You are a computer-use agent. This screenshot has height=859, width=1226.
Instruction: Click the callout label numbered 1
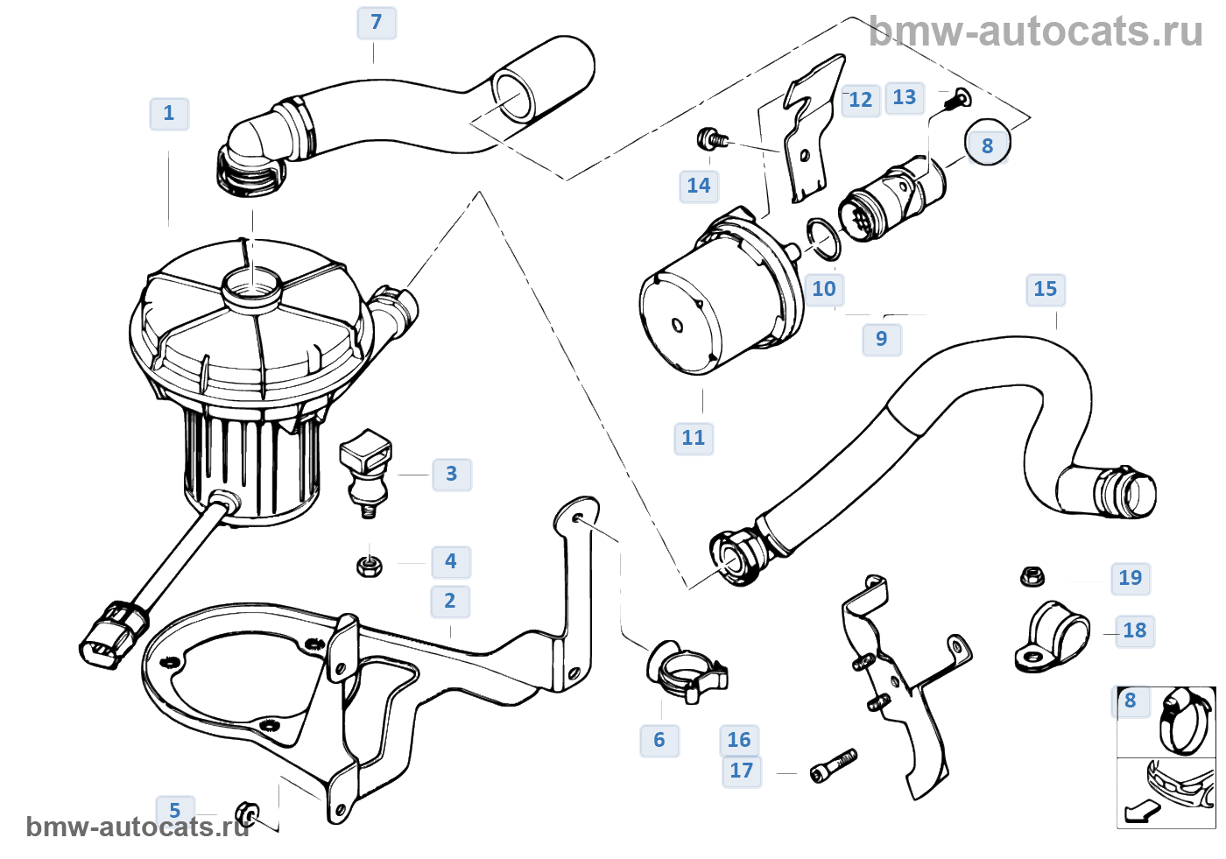coord(169,113)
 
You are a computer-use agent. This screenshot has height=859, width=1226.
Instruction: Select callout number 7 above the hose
coord(377,22)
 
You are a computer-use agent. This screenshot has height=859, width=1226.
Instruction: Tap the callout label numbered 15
coord(1045,289)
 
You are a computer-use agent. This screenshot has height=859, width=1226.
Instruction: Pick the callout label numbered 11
coord(693,438)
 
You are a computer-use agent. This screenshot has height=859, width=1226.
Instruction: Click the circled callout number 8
coord(987,145)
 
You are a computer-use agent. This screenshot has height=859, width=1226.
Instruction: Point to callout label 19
coord(1130,578)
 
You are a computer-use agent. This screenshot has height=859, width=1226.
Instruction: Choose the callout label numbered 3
coord(451,474)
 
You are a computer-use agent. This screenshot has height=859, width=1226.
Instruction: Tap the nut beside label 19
coord(1032,576)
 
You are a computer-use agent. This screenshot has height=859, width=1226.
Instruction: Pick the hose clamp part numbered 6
coord(687,671)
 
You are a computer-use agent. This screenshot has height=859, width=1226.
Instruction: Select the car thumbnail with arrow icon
coord(1165,792)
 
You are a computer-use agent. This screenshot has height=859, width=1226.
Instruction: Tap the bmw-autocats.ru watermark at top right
coord(1036,32)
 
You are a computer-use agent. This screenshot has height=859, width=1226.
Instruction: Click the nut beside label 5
coord(247,815)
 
